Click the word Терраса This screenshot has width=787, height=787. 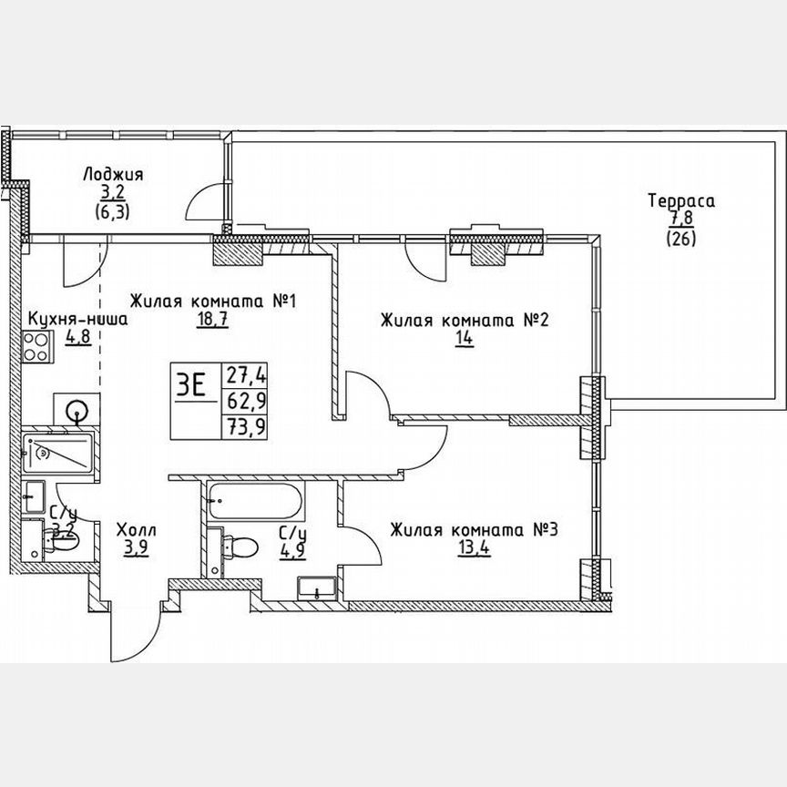680,200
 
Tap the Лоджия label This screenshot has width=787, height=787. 112,174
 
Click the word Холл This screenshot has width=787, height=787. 136,529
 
